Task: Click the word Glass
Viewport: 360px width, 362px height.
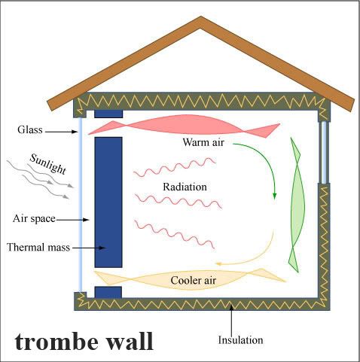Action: [30, 130]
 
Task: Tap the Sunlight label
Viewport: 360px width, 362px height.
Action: [48, 164]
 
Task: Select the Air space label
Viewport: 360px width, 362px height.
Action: [34, 218]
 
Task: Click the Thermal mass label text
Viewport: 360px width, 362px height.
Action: [38, 248]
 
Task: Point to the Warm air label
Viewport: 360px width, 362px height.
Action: [203, 142]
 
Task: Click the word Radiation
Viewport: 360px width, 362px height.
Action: [185, 187]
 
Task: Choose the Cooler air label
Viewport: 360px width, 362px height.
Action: [193, 280]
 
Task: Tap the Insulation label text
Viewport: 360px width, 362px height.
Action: [240, 340]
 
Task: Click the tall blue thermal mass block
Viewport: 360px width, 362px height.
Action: [108, 202]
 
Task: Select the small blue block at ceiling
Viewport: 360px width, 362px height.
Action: [108, 114]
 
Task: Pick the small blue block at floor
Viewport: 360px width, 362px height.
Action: [108, 292]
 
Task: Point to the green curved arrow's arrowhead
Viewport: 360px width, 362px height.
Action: [275, 196]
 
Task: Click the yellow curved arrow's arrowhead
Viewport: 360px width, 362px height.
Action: [218, 263]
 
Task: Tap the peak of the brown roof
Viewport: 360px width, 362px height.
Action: [200, 17]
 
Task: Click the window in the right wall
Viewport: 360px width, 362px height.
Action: [324, 152]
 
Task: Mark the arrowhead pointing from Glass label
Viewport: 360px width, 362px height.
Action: [75, 132]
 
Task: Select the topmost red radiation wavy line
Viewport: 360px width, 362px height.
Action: [175, 167]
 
